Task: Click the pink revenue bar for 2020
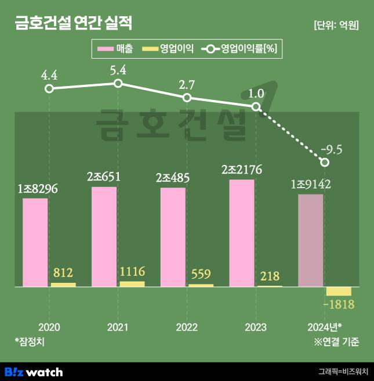(x=35, y=243)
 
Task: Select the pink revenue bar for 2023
(x=242, y=233)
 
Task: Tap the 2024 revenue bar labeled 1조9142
(x=311, y=240)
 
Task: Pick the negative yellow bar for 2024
(x=339, y=292)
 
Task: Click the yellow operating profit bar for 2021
(x=132, y=284)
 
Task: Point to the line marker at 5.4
(x=118, y=84)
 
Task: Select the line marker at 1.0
(x=256, y=107)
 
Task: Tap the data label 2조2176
(x=242, y=170)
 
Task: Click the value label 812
(x=63, y=272)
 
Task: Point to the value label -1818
(x=339, y=305)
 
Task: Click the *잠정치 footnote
(x=30, y=342)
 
